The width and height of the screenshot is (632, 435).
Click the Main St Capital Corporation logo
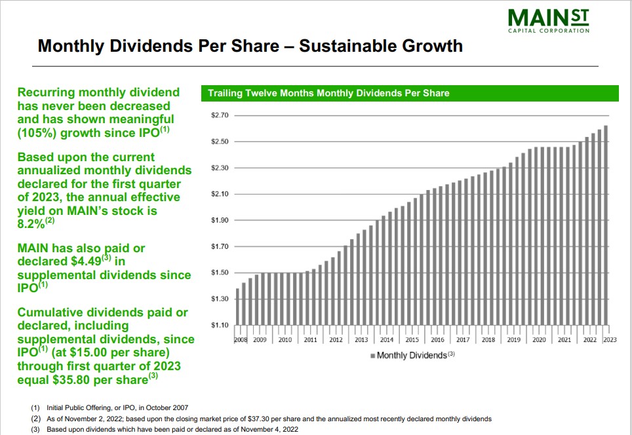pyautogui.click(x=548, y=20)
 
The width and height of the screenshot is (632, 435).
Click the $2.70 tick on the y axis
pyautogui.click(x=219, y=115)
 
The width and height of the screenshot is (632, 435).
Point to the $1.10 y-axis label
pyautogui.click(x=219, y=325)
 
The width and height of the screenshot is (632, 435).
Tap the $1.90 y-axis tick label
pyautogui.click(x=219, y=220)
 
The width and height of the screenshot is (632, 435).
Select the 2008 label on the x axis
pyautogui.click(x=240, y=340)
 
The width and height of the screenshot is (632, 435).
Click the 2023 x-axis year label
pyautogui.click(x=610, y=340)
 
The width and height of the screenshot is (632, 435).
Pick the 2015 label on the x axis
pyautogui.click(x=412, y=340)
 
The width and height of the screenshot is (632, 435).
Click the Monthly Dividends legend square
pyautogui.click(x=373, y=355)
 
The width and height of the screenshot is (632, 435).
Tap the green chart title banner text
pyautogui.click(x=328, y=93)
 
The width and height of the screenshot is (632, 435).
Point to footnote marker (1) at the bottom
pyautogui.click(x=35, y=407)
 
